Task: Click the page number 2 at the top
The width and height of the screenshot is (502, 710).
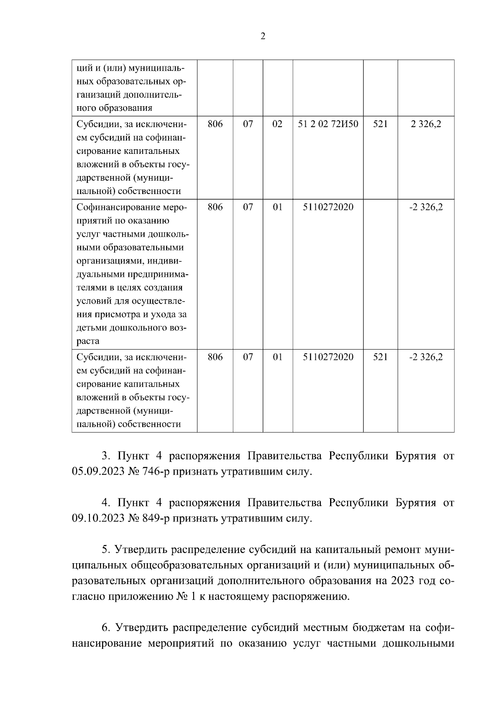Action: pyautogui.click(x=263, y=36)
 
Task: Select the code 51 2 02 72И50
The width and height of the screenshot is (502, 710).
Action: pyautogui.click(x=328, y=124)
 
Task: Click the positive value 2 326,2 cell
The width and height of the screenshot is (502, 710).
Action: pyautogui.click(x=426, y=124)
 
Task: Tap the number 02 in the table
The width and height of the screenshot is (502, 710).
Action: pyautogui.click(x=278, y=124)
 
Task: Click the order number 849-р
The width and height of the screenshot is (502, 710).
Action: pyautogui.click(x=157, y=519)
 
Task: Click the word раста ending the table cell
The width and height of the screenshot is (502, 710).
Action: pyautogui.click(x=88, y=341)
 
